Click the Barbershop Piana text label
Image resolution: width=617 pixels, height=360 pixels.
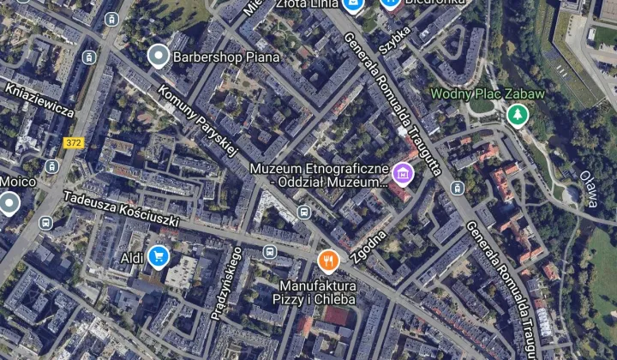[226, 57]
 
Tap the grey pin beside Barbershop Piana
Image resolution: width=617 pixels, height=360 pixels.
[157, 57]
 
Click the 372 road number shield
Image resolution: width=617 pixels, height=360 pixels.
[74, 142]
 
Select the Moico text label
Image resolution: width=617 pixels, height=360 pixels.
[18, 182]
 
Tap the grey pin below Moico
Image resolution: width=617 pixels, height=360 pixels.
[9, 203]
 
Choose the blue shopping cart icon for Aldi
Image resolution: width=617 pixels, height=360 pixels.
[157, 255]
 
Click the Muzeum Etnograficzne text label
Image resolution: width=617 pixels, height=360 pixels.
[319, 175]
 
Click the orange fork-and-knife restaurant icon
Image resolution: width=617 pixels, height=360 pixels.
[328, 260]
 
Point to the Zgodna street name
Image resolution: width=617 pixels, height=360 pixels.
[369, 245]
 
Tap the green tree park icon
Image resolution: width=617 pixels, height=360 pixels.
[517, 114]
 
